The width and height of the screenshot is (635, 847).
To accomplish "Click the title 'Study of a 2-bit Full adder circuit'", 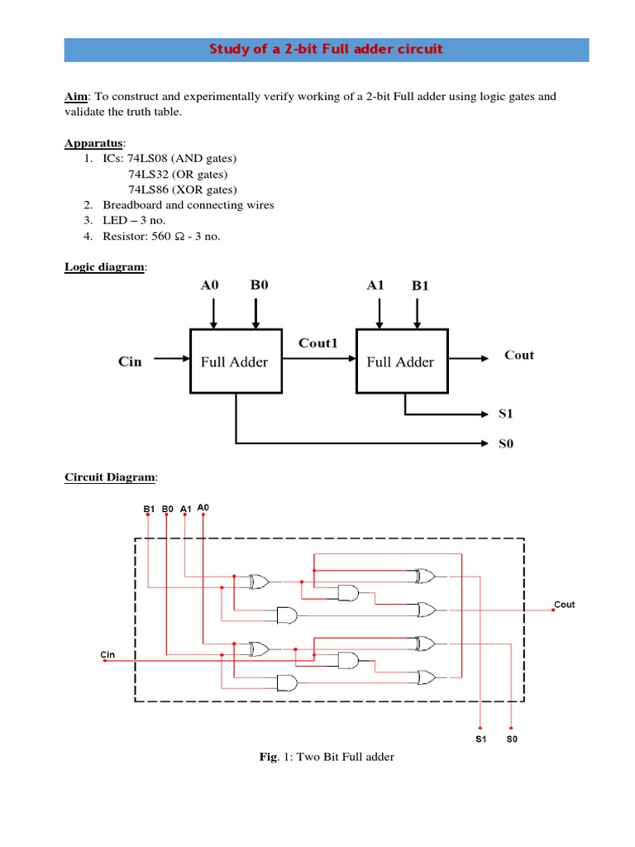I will tap(327, 49).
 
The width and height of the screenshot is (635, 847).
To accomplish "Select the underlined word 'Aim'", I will tap(75, 97).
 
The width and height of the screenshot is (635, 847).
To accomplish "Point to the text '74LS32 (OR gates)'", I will tap(177, 174).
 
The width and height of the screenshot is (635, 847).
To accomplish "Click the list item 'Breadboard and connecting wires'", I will tap(188, 205).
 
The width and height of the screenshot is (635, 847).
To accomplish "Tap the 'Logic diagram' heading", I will tap(104, 267).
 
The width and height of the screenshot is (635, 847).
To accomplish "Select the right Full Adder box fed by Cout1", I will tap(400, 361).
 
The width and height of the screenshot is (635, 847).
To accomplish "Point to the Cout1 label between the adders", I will tap(318, 342).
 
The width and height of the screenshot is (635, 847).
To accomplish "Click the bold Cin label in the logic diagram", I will tap(130, 361).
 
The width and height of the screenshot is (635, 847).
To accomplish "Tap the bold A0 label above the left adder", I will tap(211, 285).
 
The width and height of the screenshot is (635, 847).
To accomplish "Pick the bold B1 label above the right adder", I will tap(421, 286).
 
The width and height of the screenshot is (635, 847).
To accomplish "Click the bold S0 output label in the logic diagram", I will tap(505, 443).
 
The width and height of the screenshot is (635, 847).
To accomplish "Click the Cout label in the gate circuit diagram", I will tap(565, 605).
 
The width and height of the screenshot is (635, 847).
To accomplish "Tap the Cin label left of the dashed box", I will tap(107, 654).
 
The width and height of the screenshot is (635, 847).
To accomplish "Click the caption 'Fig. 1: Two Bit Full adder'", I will tap(327, 756).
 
